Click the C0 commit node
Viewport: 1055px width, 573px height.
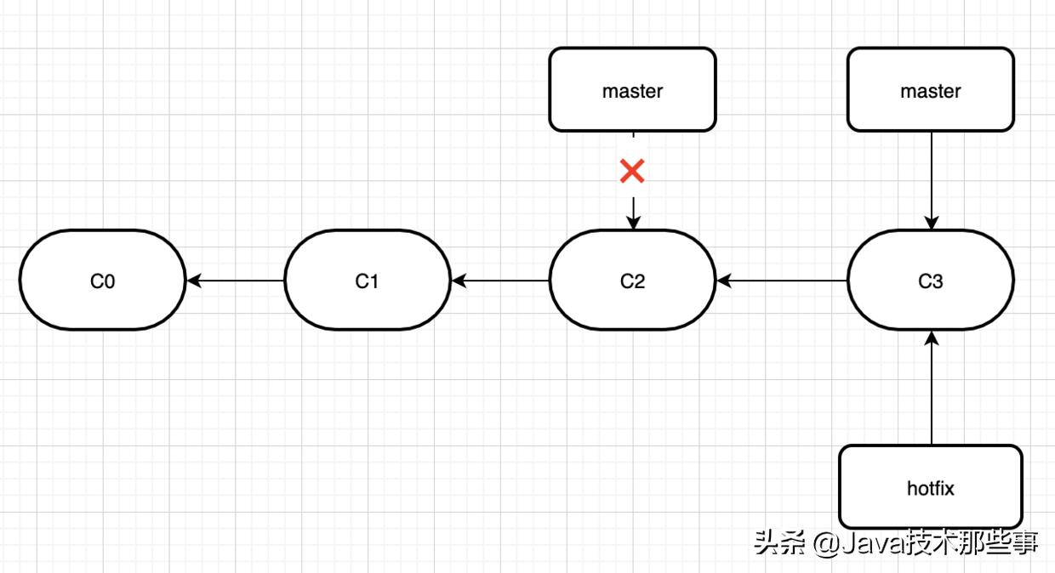[x=102, y=280]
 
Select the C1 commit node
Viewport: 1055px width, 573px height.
[x=367, y=280]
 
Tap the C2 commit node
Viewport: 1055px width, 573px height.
[x=632, y=280]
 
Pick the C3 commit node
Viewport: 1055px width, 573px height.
[x=930, y=280]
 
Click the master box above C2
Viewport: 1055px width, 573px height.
[x=632, y=89]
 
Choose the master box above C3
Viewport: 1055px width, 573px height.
[x=930, y=89]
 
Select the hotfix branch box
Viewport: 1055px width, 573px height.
[x=930, y=487]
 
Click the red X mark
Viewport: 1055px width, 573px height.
[x=632, y=172]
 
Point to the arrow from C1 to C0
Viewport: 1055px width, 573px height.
[x=236, y=280]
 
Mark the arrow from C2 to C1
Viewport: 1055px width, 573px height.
[x=500, y=280]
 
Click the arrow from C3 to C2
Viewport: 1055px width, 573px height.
[x=782, y=280]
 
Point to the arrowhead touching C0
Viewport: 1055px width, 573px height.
[x=193, y=280]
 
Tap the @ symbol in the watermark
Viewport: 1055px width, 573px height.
[x=824, y=543]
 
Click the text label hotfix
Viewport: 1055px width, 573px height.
[x=930, y=488]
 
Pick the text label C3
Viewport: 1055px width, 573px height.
[x=930, y=281]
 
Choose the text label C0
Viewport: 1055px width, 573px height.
[x=102, y=281]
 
